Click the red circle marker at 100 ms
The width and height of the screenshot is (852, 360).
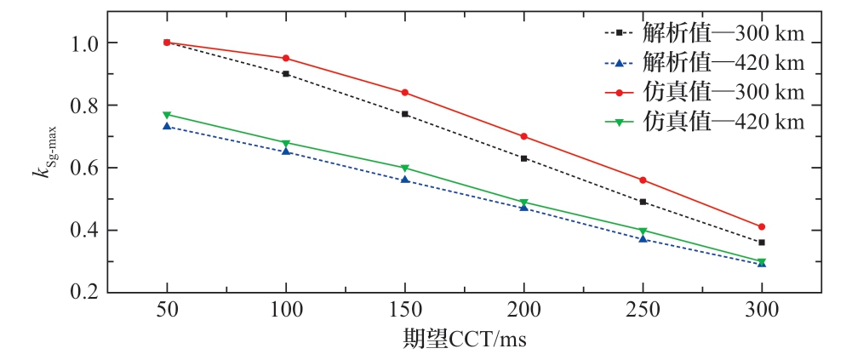(x=286, y=58)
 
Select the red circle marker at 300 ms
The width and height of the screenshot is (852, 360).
(x=762, y=226)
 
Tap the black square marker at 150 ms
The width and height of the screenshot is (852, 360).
(x=405, y=114)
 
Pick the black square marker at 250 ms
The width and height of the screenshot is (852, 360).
(x=643, y=202)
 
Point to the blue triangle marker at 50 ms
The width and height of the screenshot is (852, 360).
(x=167, y=126)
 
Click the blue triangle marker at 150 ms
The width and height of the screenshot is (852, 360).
(x=405, y=179)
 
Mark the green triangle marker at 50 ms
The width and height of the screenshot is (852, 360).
(x=167, y=115)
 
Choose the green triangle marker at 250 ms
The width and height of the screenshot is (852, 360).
(x=643, y=231)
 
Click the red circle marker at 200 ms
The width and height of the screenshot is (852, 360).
(x=523, y=136)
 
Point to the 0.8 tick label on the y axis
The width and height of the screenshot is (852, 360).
(x=86, y=106)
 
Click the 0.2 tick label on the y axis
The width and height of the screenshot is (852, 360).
(x=86, y=293)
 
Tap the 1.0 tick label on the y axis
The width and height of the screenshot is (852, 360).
(x=86, y=43)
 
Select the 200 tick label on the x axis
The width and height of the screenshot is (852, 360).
(x=523, y=311)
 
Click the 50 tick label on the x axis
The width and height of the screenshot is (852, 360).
(x=167, y=311)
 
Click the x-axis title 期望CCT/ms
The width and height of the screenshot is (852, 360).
(x=465, y=340)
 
